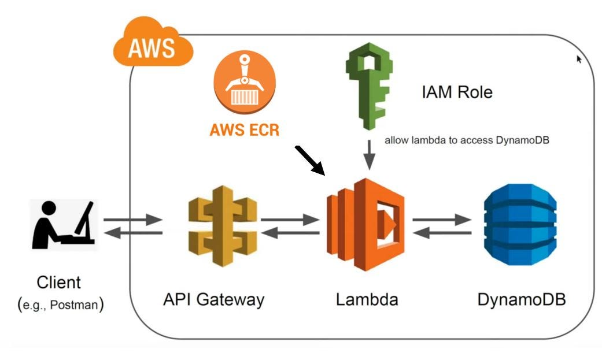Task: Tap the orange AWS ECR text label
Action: pyautogui.click(x=245, y=130)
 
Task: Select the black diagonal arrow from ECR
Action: pyautogui.click(x=311, y=160)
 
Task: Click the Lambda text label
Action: pyautogui.click(x=367, y=299)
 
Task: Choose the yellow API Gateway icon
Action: pyautogui.click(x=222, y=225)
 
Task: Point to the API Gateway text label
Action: pyautogui.click(x=213, y=299)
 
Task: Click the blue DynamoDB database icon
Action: pyautogui.click(x=520, y=225)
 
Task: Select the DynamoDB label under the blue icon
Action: pyautogui.click(x=521, y=299)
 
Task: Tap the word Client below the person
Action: pyautogui.click(x=59, y=283)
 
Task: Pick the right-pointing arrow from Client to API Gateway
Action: pyautogui.click(x=132, y=220)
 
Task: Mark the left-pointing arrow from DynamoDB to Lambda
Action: pyautogui.click(x=442, y=233)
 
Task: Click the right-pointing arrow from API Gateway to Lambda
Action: pyautogui.click(x=290, y=220)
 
